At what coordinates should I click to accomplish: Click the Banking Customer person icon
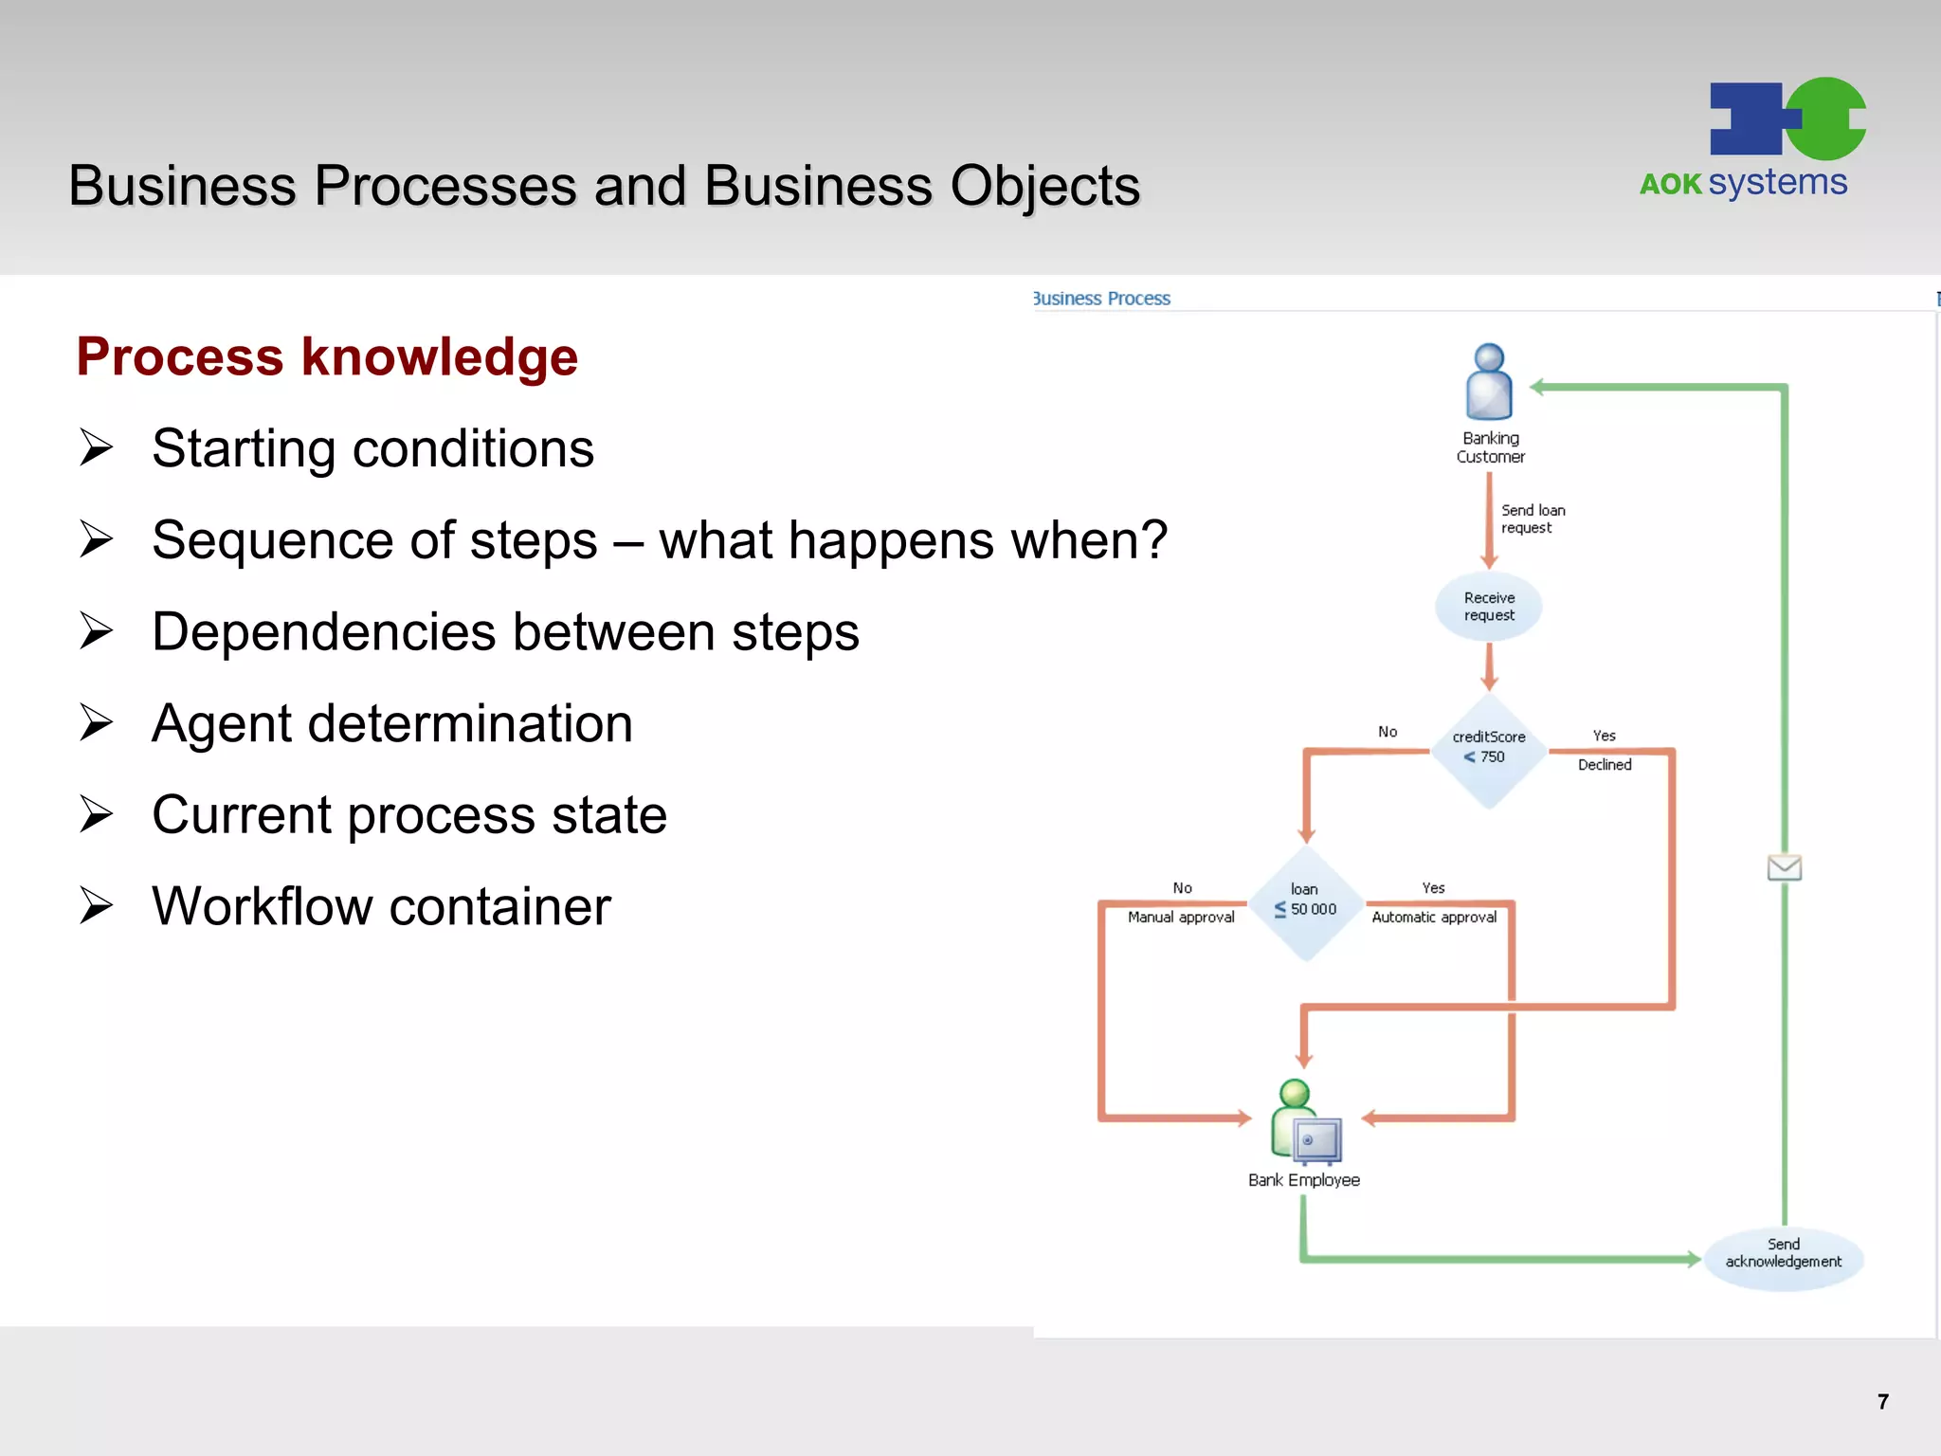[1489, 382]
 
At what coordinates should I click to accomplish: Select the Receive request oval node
[1489, 607]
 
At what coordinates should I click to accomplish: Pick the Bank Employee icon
[1305, 1123]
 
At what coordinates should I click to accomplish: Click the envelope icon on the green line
[1784, 867]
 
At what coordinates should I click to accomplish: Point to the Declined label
[1604, 765]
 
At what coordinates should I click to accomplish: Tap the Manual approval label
[1181, 918]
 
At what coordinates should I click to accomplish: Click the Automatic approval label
[1434, 918]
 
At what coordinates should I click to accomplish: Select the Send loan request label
[1532, 519]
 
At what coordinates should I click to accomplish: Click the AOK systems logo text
[1743, 182]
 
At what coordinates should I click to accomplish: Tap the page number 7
[1882, 1402]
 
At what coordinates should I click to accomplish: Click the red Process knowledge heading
[327, 357]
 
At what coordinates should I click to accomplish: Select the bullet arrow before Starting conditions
[96, 447]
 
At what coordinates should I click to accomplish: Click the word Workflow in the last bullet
[263, 906]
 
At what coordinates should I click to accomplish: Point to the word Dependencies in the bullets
[323, 632]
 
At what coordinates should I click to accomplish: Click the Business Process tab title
[1102, 299]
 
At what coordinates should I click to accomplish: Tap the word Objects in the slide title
[1044, 186]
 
